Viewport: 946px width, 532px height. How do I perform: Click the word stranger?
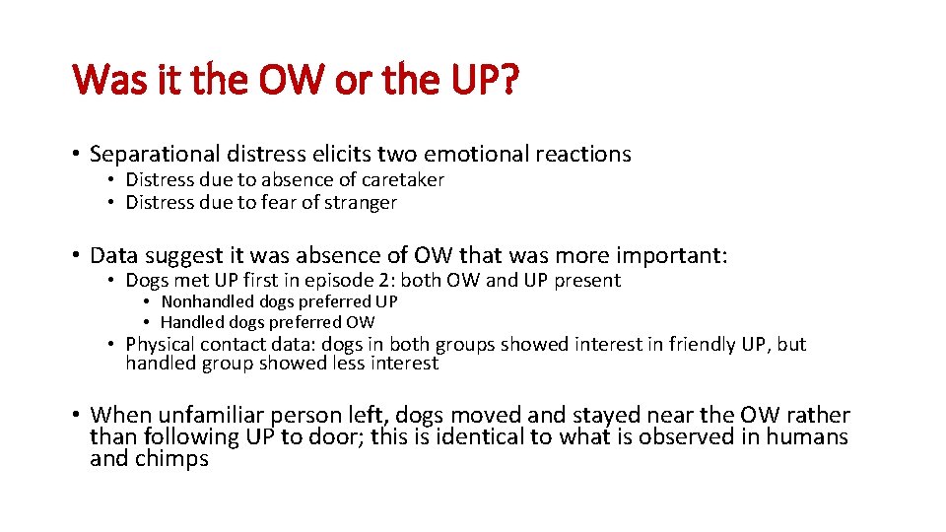(361, 203)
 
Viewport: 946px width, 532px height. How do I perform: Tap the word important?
(673, 255)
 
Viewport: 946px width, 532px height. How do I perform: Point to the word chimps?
(170, 459)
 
